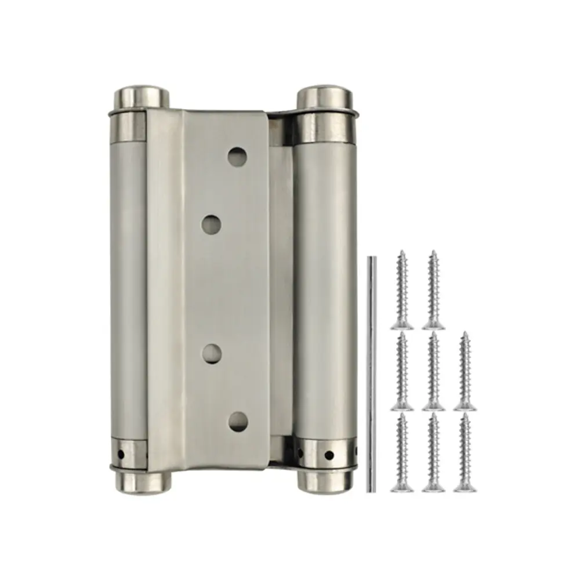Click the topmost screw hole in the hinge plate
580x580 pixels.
[236, 156]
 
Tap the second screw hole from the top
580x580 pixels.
[213, 223]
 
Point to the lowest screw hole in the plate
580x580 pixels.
[237, 421]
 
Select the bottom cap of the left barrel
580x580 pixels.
[140, 481]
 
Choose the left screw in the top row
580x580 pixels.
[402, 290]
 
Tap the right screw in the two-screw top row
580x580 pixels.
[433, 290]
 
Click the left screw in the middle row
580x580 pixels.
[402, 371]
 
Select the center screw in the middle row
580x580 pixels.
[433, 371]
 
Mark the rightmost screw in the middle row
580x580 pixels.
[465, 371]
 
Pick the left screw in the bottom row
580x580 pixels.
[402, 452]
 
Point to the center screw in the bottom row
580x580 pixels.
[433, 452]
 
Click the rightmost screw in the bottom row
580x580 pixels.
[465, 452]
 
